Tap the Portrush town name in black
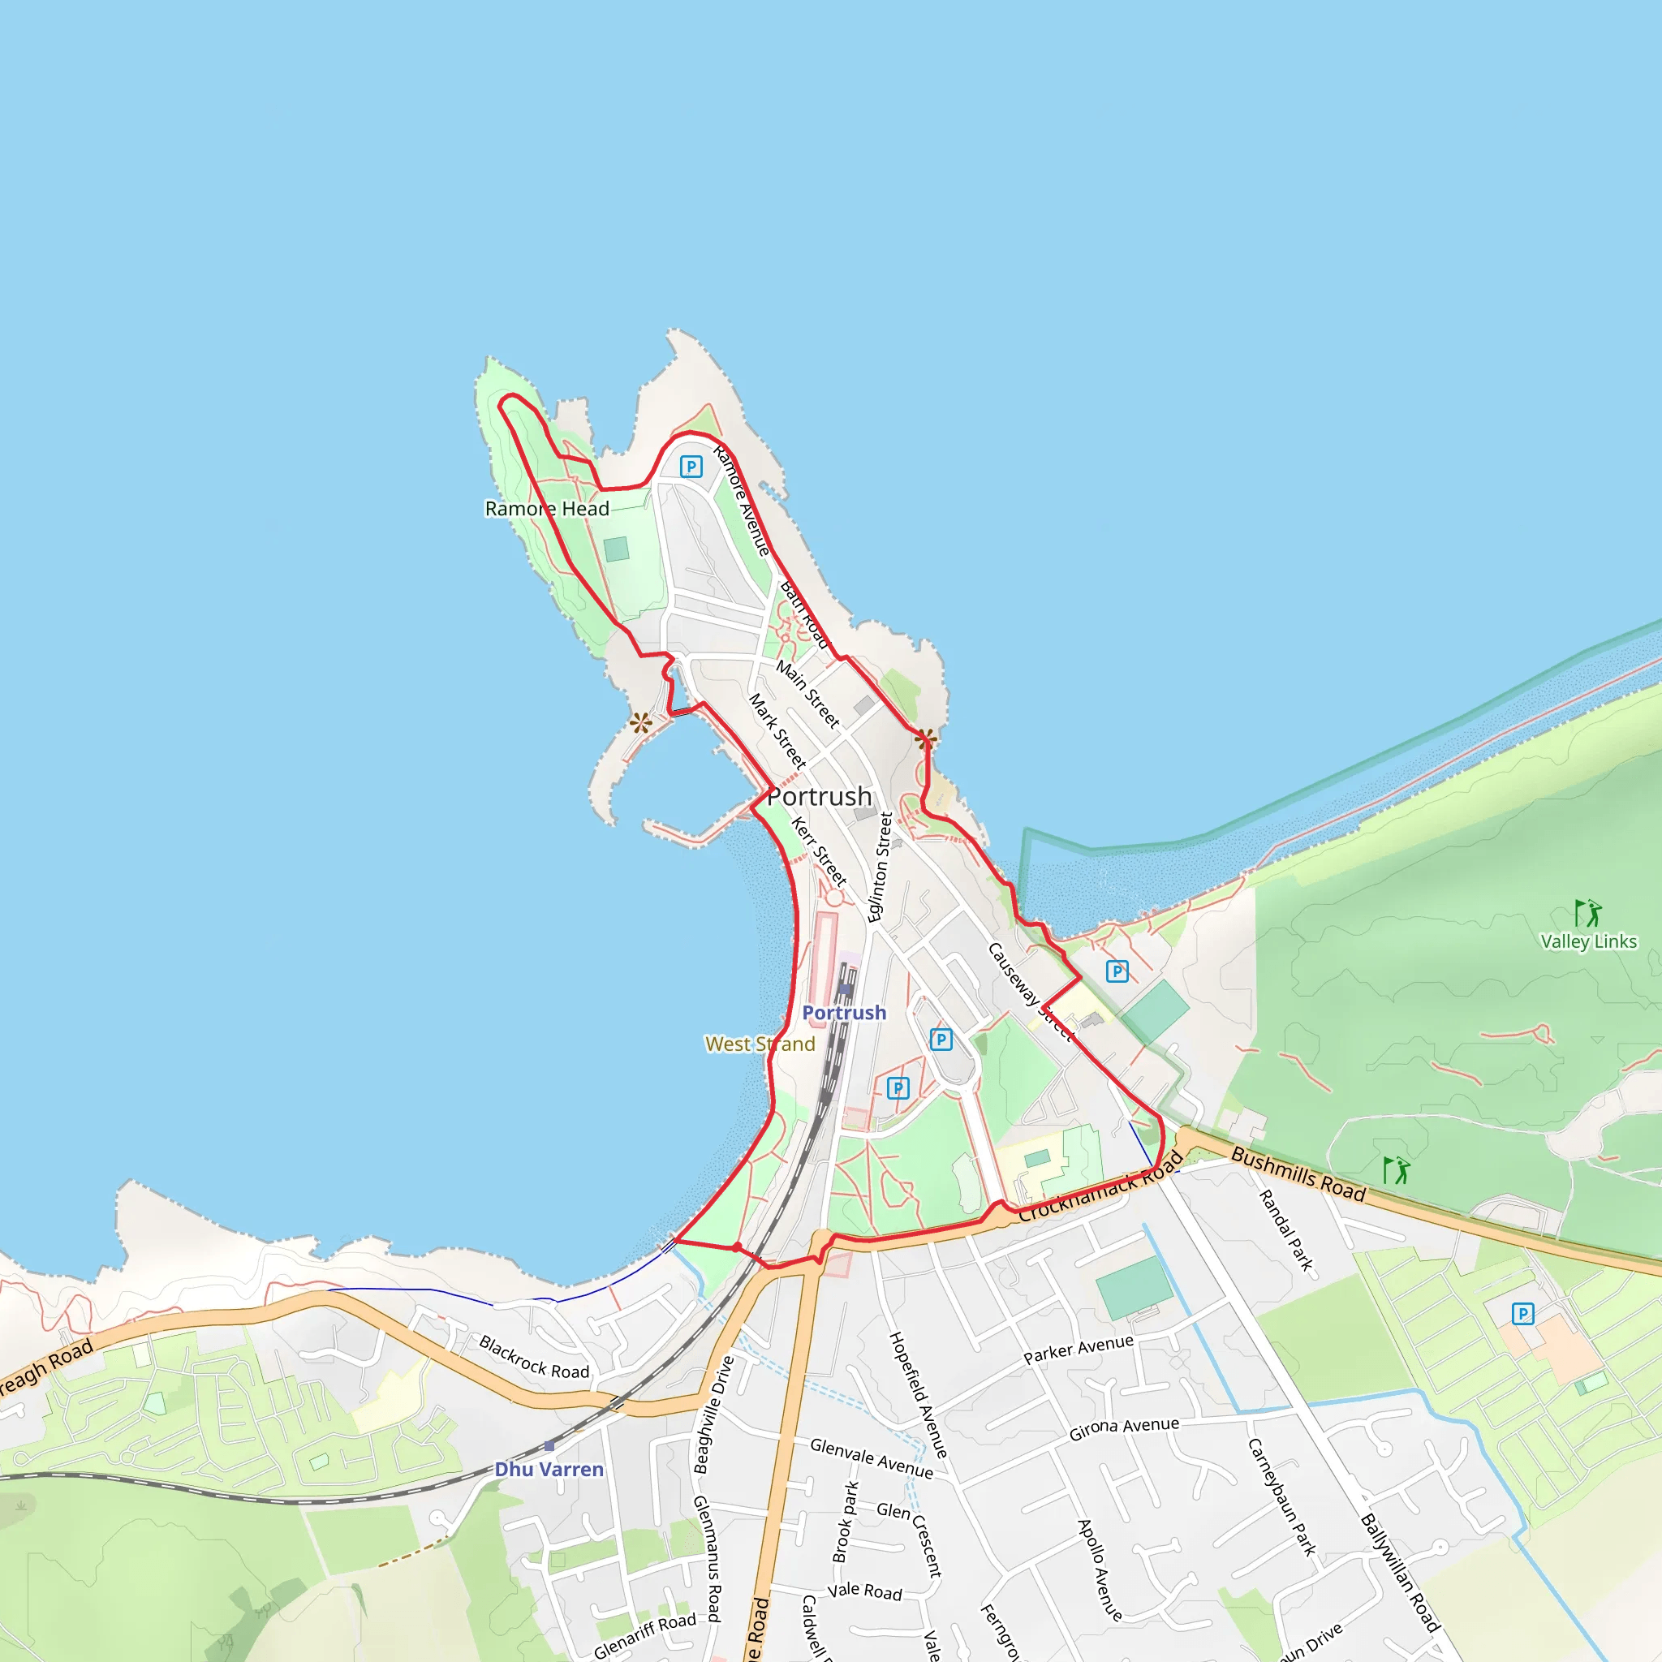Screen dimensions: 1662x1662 819,797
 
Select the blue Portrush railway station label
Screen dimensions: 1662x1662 844,1013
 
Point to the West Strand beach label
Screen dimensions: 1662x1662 760,1044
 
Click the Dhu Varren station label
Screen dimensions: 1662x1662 549,1470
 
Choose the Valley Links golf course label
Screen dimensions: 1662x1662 1588,941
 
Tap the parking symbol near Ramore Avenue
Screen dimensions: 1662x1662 691,467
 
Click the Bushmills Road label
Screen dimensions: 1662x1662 1298,1174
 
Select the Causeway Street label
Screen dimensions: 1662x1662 1029,992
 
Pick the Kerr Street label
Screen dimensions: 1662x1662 819,850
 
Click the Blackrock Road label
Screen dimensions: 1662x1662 534,1358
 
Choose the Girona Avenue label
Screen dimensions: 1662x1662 1123,1429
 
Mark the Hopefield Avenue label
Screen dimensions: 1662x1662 918,1394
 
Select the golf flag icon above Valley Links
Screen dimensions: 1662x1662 1588,913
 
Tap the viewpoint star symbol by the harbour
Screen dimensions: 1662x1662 640,722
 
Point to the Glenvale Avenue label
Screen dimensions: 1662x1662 872,1458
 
